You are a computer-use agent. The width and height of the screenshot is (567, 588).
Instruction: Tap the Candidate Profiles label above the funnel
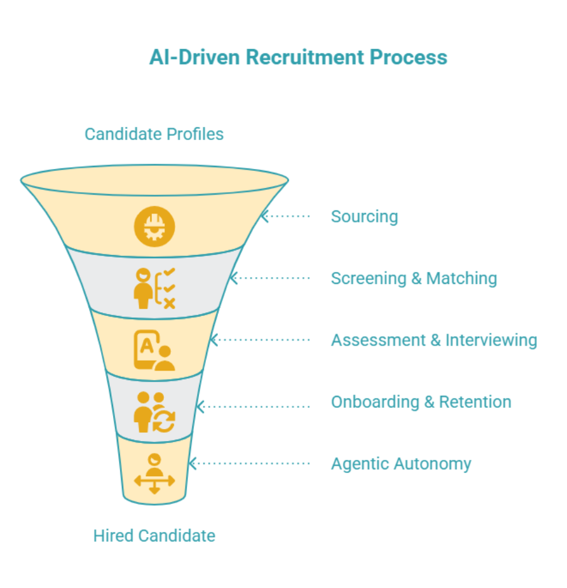(x=154, y=134)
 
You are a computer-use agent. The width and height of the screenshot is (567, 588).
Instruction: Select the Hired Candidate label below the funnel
(x=154, y=536)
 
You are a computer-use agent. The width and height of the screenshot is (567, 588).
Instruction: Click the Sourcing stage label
(x=364, y=217)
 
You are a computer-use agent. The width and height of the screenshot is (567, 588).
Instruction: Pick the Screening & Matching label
(x=414, y=278)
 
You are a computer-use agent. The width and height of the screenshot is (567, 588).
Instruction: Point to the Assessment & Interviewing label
(x=434, y=340)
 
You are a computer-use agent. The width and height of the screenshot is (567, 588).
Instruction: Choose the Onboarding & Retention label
(x=421, y=402)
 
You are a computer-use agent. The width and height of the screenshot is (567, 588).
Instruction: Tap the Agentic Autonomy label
(x=401, y=464)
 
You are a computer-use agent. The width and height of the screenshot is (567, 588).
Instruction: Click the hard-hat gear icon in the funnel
(x=154, y=226)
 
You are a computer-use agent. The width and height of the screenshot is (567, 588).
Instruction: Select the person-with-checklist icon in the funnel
(x=154, y=288)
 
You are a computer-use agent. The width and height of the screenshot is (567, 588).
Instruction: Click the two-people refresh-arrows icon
(x=154, y=412)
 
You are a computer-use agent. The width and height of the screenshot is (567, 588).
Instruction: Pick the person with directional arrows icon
(x=154, y=473)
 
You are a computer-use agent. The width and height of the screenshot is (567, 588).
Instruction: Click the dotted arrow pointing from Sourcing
(x=286, y=216)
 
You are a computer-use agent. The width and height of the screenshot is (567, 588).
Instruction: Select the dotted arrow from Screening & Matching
(x=270, y=278)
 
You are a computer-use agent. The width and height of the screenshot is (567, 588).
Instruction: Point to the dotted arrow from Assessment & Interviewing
(x=260, y=340)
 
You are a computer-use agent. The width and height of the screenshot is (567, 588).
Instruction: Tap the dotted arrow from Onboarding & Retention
(x=253, y=406)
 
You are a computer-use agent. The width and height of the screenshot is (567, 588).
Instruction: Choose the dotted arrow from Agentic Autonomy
(x=249, y=464)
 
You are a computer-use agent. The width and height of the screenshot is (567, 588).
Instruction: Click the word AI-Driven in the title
(x=195, y=57)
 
